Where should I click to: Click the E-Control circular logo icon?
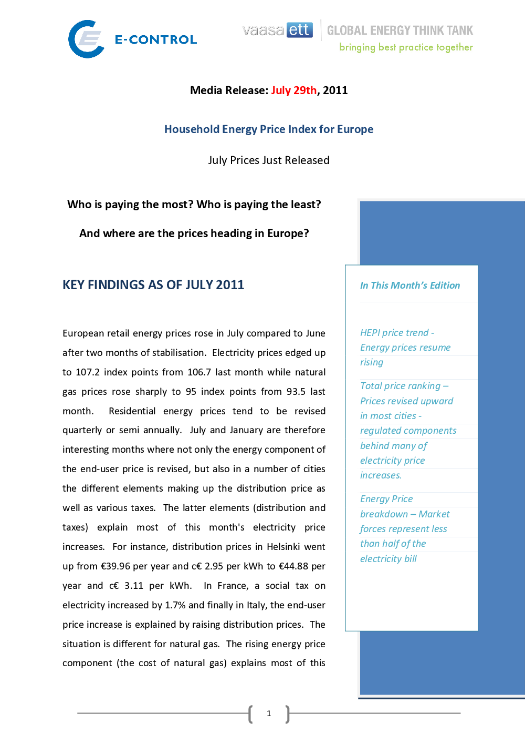86,39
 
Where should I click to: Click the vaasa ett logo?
277,30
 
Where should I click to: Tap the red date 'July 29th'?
293,90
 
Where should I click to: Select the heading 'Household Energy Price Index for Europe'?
269,129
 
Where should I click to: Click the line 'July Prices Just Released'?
269,160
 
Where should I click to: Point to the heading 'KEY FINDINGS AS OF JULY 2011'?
153,285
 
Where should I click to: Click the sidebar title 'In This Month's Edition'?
410,286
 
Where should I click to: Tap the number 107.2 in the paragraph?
88,372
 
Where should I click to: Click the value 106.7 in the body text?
199,372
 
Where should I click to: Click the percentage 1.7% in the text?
175,605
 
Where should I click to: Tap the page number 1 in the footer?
269,714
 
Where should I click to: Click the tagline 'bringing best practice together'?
406,47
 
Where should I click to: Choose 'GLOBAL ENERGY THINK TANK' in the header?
400,30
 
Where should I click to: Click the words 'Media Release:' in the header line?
229,90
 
